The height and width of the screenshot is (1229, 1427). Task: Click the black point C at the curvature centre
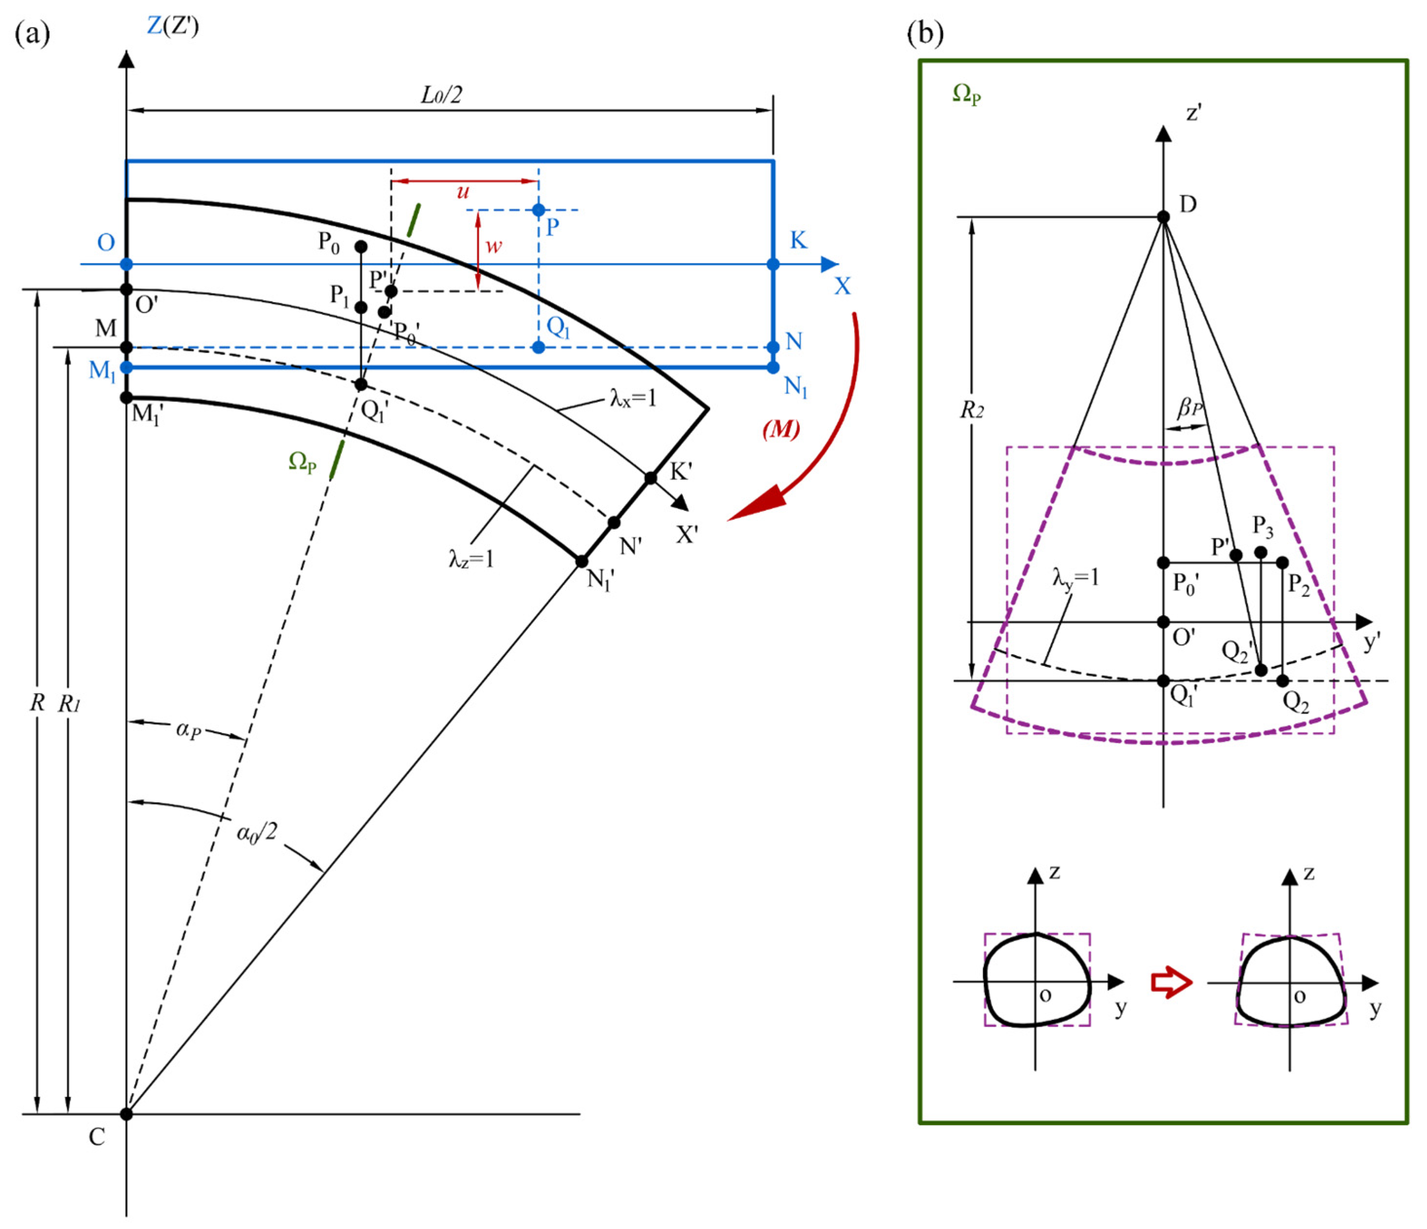[x=126, y=1114]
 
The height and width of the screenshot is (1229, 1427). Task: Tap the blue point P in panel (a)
[x=539, y=210]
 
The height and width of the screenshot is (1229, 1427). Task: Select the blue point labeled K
[x=773, y=265]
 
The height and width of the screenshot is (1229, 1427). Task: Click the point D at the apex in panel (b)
[x=1163, y=217]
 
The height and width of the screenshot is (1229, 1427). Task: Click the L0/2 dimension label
[x=441, y=95]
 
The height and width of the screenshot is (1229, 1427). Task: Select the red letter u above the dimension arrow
[x=463, y=191]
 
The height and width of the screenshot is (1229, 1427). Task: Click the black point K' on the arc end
[x=651, y=477]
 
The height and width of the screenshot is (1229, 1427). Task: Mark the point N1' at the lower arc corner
[x=582, y=562]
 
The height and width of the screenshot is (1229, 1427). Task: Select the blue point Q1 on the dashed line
[x=539, y=347]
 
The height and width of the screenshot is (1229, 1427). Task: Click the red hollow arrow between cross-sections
[x=1171, y=983]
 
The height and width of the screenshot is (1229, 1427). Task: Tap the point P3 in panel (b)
[x=1260, y=552]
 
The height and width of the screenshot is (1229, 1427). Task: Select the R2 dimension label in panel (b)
[x=972, y=411]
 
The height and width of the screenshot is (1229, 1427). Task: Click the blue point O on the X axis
[x=126, y=265]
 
